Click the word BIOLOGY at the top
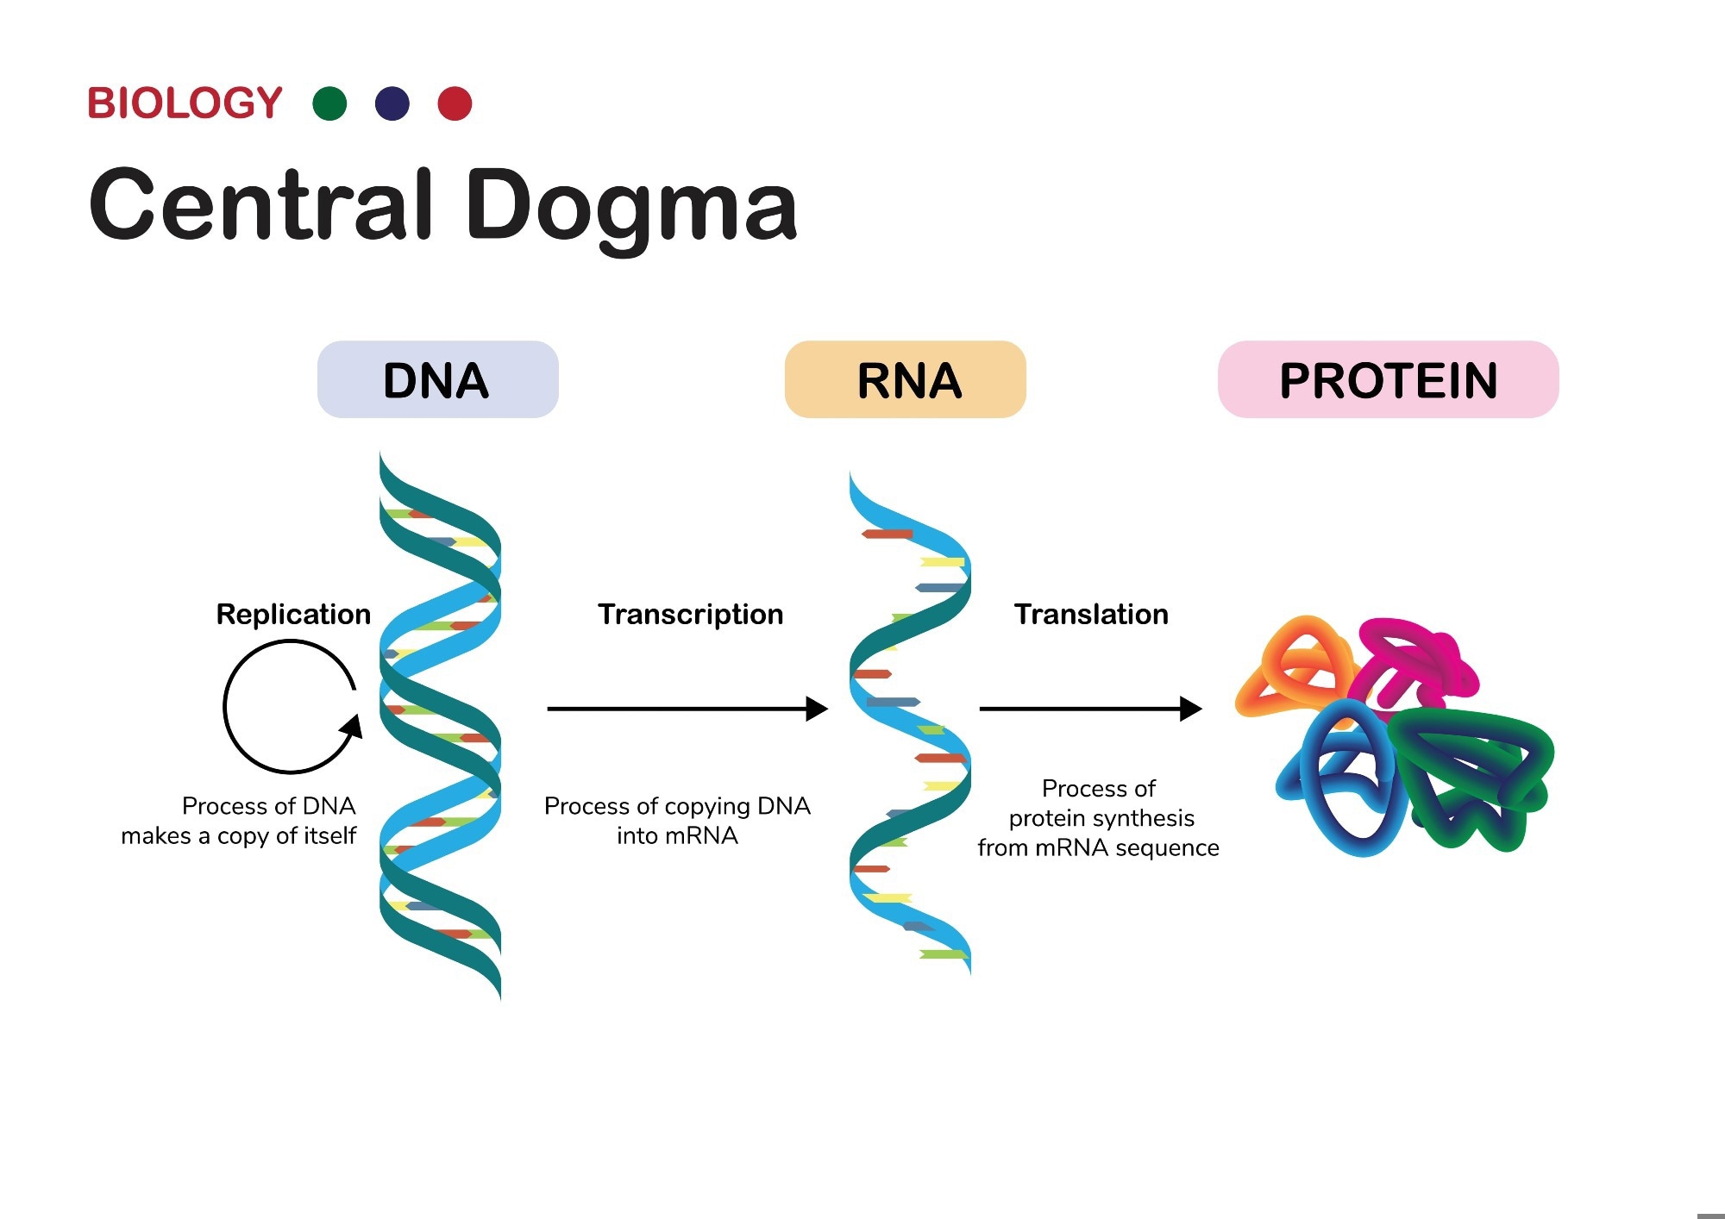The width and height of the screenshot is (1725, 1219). coord(185,103)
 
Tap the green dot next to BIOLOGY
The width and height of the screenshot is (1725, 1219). coord(329,103)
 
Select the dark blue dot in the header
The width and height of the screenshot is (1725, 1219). coord(392,103)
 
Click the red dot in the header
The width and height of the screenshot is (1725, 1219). coord(455,103)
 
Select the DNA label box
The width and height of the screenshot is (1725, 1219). coord(437,380)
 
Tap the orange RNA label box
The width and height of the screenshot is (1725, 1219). coord(905,380)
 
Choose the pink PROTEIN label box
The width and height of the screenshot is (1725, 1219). coord(1388,380)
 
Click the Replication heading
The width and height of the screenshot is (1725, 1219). coord(293,615)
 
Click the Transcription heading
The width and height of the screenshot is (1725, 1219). coord(690,615)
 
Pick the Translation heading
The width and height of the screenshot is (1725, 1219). coord(1091,615)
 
